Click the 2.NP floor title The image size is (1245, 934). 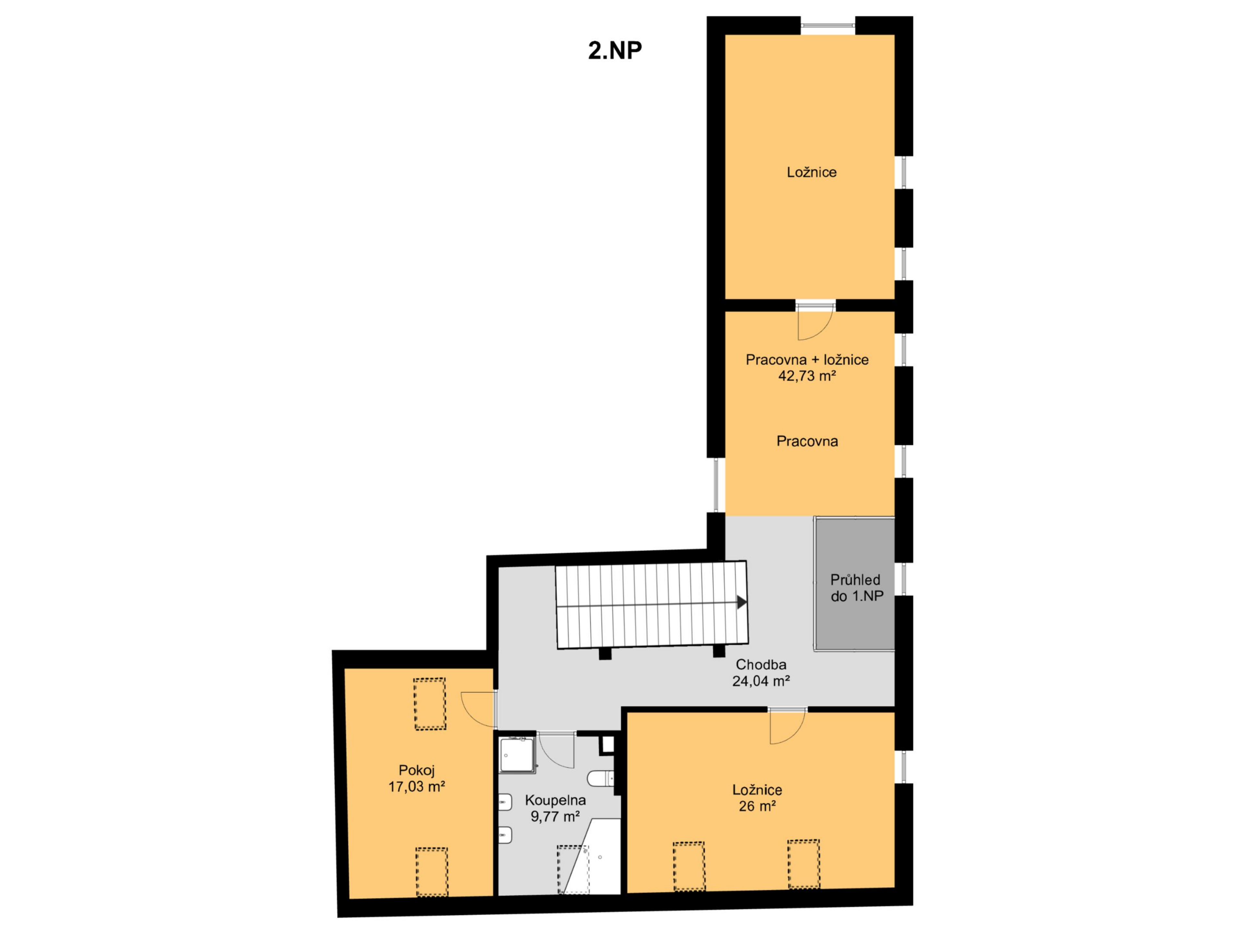pyautogui.click(x=615, y=51)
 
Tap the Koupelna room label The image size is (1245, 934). pyautogui.click(x=555, y=800)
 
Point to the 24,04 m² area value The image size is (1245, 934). pyautogui.click(x=761, y=681)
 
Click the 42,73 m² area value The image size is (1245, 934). pyautogui.click(x=807, y=376)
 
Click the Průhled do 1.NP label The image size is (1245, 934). pyautogui.click(x=856, y=588)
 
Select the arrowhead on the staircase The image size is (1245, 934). pyautogui.click(x=742, y=603)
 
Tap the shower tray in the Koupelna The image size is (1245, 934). pyautogui.click(x=517, y=754)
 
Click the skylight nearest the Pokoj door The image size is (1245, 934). pyautogui.click(x=430, y=704)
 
